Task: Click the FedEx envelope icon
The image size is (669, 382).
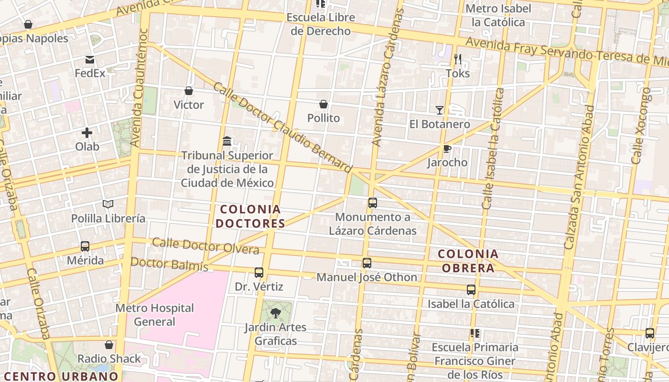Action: pyautogui.click(x=90, y=60)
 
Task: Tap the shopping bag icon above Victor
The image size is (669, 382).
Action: pyautogui.click(x=189, y=91)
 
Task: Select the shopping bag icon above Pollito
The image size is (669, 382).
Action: pyautogui.click(x=324, y=104)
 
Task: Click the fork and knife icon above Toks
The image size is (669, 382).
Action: pyautogui.click(x=458, y=59)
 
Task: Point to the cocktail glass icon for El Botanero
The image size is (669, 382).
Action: pyautogui.click(x=440, y=110)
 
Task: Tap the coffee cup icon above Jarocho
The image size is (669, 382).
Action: pyautogui.click(x=447, y=149)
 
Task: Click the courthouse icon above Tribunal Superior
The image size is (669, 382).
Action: pyautogui.click(x=227, y=141)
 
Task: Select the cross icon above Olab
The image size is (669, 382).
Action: pyautogui.click(x=87, y=133)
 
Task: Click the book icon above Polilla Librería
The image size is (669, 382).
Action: pyautogui.click(x=108, y=204)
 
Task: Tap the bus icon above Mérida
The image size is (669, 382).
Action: pyautogui.click(x=85, y=246)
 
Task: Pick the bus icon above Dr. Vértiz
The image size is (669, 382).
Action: pyautogui.click(x=259, y=273)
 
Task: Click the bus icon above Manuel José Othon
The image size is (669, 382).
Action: pyautogui.click(x=367, y=263)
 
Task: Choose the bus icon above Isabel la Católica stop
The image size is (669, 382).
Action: pyautogui.click(x=471, y=290)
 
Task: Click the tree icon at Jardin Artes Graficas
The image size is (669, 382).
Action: pyautogui.click(x=276, y=313)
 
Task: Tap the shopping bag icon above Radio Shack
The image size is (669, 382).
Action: pyautogui.click(x=109, y=345)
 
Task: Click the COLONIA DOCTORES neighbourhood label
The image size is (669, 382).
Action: pyautogui.click(x=250, y=216)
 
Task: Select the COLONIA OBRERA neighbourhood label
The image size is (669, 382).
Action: pyautogui.click(x=468, y=261)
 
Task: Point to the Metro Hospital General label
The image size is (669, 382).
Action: pyautogui.click(x=154, y=315)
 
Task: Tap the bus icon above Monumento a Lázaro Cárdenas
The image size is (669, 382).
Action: pyautogui.click(x=373, y=203)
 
